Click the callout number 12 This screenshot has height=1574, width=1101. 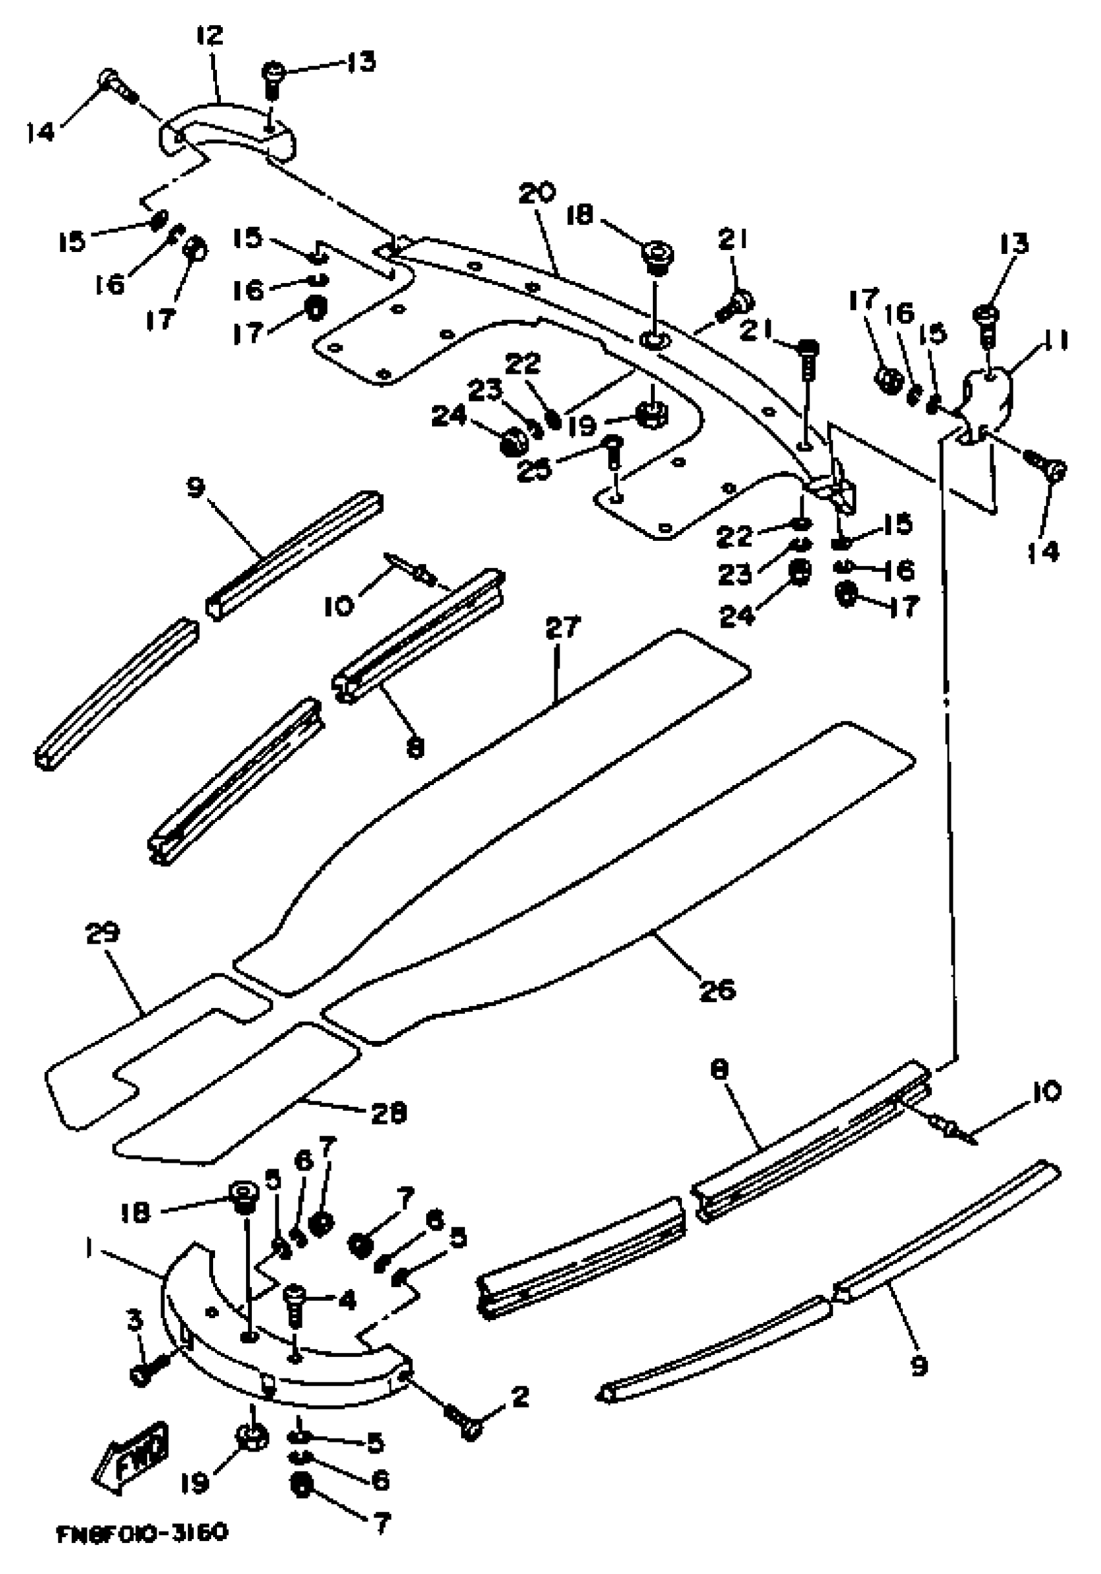coord(210,36)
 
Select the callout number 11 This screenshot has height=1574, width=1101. coord(1056,340)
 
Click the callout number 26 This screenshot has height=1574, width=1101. coord(717,989)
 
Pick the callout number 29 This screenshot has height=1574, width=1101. coord(103,932)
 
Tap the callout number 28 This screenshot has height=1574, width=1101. coord(389,1113)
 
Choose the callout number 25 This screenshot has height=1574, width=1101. coord(535,470)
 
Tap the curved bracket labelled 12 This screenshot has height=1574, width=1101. coord(226,130)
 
